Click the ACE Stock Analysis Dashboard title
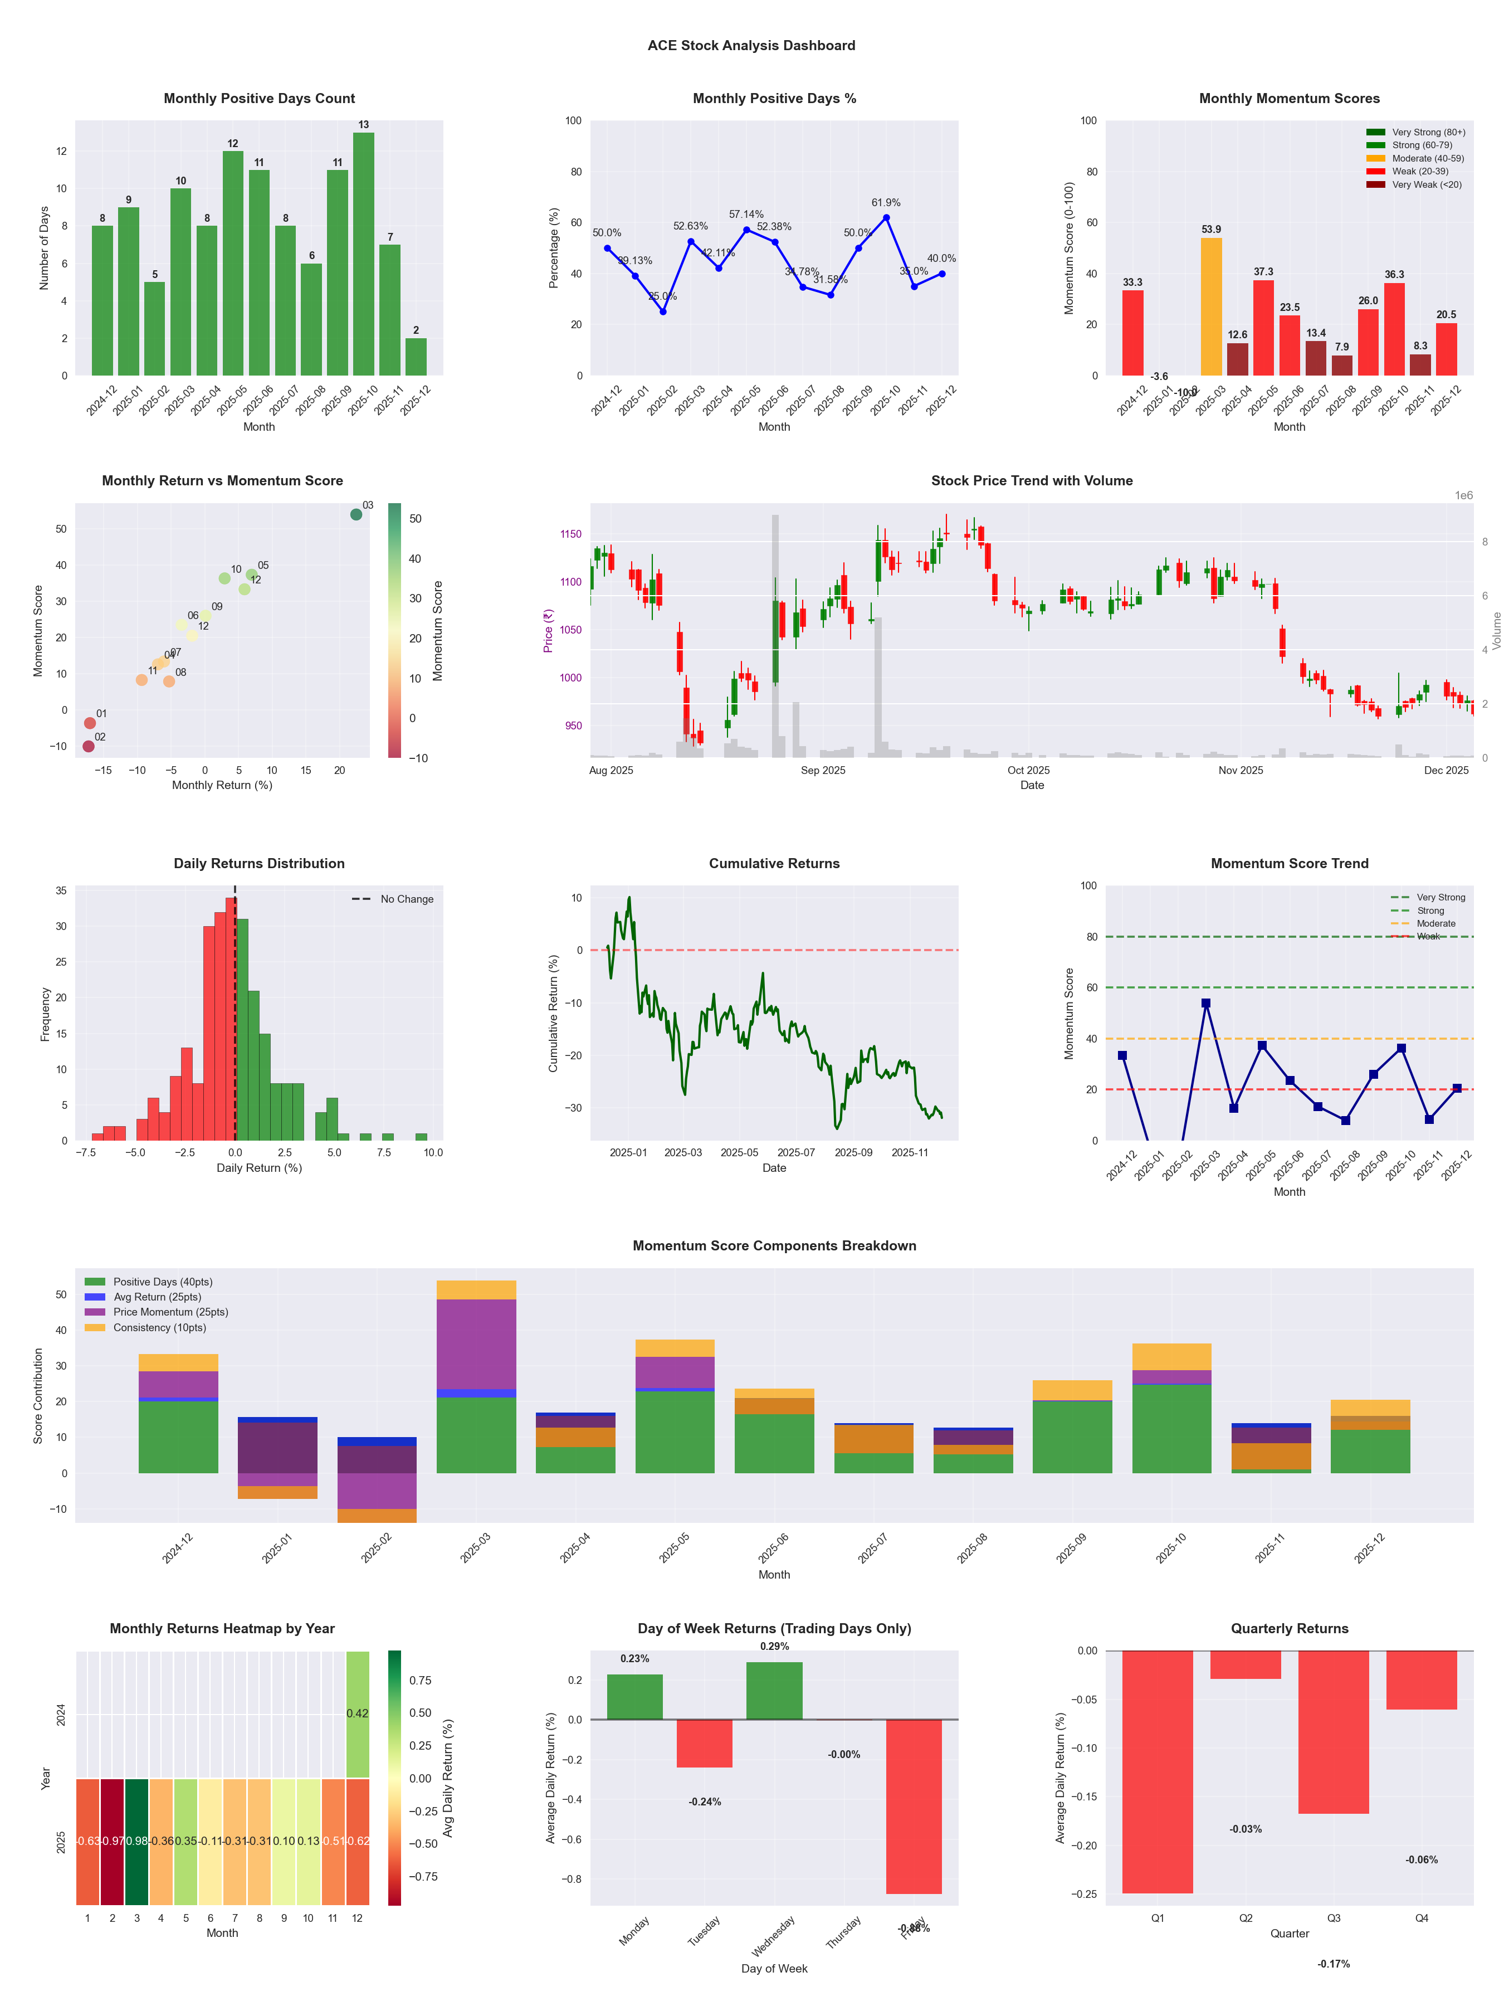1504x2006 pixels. (751, 45)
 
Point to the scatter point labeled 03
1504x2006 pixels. (357, 514)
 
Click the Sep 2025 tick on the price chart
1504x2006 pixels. (823, 771)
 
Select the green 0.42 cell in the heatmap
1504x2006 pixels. (357, 1713)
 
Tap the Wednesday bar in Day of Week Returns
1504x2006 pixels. (774, 1691)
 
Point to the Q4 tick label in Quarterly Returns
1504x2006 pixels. (1422, 1918)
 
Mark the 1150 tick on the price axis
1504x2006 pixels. (571, 534)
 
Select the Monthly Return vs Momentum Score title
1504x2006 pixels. (222, 481)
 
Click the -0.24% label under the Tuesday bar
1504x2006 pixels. (705, 1802)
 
